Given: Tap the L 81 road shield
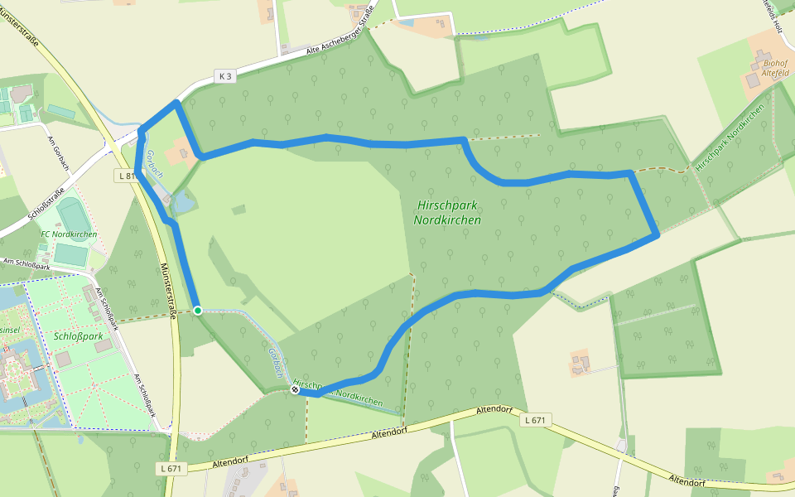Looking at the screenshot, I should tap(126, 176).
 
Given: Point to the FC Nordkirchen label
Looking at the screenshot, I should tap(69, 234).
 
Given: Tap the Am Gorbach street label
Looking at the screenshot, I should tap(60, 153).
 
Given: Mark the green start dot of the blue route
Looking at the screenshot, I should tap(197, 310).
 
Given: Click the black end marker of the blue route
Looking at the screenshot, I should tap(295, 388).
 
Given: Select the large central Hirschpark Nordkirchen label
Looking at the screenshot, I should tap(447, 213).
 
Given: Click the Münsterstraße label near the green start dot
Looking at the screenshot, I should tap(169, 291).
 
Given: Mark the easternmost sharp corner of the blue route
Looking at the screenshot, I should tap(658, 234).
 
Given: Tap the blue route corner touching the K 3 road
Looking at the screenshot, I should tap(176, 103).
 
